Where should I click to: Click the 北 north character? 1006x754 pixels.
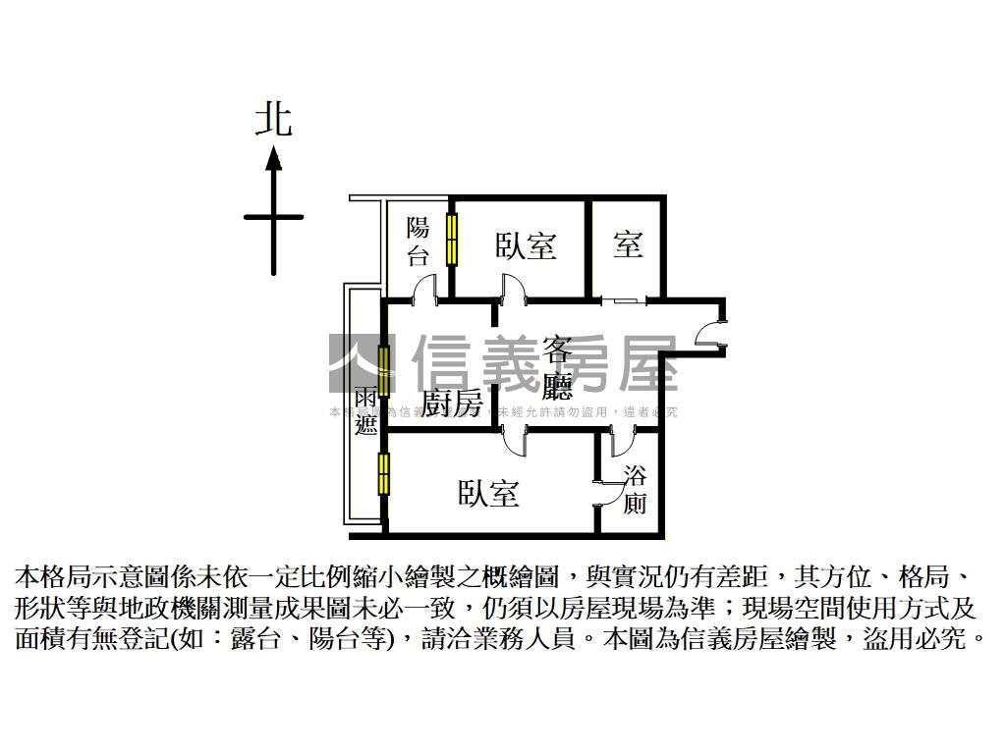click(x=273, y=120)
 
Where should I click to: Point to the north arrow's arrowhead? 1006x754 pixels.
click(x=274, y=157)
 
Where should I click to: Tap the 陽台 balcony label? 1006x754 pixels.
click(x=419, y=242)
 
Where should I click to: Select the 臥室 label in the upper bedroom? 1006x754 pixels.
click(x=526, y=245)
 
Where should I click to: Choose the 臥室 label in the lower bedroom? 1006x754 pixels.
click(x=488, y=494)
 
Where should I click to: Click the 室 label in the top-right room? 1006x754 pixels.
click(x=628, y=244)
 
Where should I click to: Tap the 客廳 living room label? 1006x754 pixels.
click(x=558, y=367)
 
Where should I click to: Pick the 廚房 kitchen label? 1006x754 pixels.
click(x=453, y=403)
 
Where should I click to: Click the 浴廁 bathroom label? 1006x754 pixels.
click(x=636, y=491)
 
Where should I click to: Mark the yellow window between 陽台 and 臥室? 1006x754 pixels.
click(x=452, y=239)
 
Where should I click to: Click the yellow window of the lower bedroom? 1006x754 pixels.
click(x=384, y=473)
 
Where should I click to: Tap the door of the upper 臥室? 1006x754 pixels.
click(x=514, y=289)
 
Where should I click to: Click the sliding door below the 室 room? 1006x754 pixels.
click(x=624, y=297)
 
